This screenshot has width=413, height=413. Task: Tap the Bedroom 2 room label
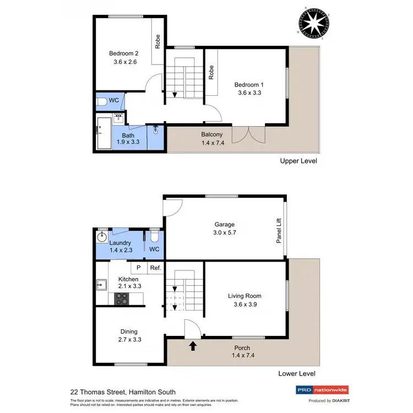(x=123, y=53)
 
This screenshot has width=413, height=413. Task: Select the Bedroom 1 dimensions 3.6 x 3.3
(x=249, y=94)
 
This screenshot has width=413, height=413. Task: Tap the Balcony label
(x=212, y=134)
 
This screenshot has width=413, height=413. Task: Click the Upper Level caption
(x=298, y=161)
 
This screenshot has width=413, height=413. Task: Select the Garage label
(x=225, y=224)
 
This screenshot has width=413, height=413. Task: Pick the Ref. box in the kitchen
(x=155, y=268)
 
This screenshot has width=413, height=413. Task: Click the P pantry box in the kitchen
(x=138, y=268)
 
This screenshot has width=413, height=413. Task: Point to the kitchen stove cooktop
(x=122, y=298)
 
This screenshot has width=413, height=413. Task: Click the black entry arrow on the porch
(x=193, y=346)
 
